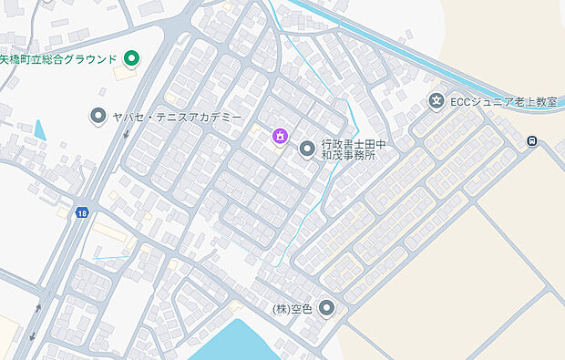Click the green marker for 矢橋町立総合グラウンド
[x=131, y=60]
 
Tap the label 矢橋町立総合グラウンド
[x=58, y=60]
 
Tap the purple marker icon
[x=279, y=138]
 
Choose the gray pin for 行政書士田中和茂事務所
[x=307, y=146]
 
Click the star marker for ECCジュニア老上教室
[x=437, y=101]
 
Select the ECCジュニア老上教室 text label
[x=502, y=101]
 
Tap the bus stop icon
[x=531, y=140]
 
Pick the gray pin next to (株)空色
[x=326, y=308]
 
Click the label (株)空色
[x=292, y=309]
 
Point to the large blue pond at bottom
[x=246, y=341]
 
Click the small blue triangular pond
[x=39, y=129]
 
